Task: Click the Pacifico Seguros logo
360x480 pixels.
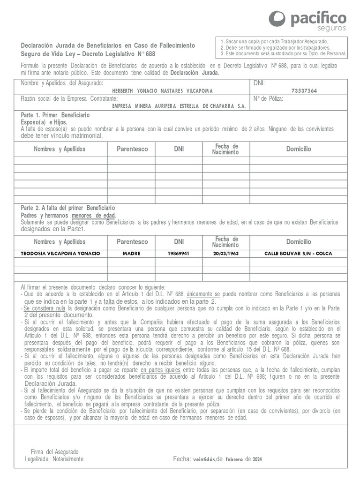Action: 307,20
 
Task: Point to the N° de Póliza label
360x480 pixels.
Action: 269,99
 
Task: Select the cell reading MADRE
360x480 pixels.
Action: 132,254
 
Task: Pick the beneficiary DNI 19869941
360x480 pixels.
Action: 179,254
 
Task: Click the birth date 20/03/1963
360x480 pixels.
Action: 225,254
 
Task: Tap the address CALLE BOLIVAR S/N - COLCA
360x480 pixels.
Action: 298,254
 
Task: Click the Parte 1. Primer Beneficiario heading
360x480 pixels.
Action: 55,115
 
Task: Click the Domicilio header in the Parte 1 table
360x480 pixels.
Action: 298,149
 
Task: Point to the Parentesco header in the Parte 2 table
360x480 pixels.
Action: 132,242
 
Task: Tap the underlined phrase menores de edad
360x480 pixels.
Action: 94,215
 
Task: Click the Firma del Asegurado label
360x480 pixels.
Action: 54,452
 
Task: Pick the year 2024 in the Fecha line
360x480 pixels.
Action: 257,459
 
